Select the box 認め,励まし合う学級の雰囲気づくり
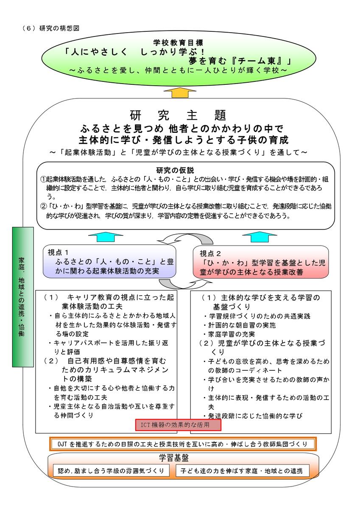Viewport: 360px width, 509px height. (x=111, y=470)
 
